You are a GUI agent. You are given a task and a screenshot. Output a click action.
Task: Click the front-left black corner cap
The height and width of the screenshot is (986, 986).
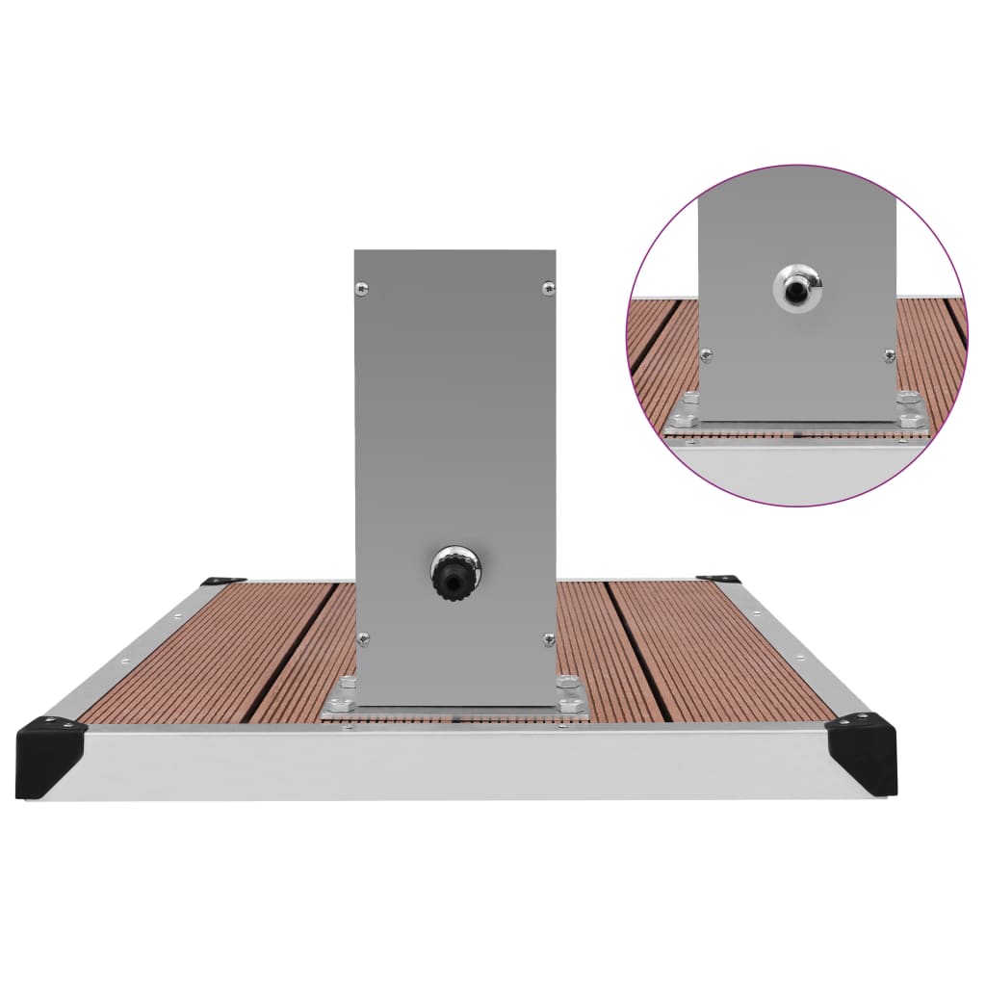50,750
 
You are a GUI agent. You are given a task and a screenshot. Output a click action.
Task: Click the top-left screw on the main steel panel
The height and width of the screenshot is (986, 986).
361,286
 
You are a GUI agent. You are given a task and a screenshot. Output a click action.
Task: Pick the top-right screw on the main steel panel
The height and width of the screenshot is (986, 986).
548,286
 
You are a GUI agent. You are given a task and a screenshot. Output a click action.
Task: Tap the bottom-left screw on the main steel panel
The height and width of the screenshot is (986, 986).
363,636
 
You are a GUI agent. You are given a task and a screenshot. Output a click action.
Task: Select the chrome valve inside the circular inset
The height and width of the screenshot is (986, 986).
798,285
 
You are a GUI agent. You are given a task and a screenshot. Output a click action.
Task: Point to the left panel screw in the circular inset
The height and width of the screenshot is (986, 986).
706,356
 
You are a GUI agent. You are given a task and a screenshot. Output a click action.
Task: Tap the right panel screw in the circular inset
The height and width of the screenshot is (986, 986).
889,355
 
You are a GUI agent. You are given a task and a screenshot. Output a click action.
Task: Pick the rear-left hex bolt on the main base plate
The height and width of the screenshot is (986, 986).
349,682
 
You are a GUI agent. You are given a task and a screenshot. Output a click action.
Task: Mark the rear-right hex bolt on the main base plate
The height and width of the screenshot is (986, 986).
566,681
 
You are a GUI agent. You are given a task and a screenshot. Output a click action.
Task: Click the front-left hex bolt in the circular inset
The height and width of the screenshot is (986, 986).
684,420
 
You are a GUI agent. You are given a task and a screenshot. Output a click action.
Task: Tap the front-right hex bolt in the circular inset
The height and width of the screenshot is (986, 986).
910,419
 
